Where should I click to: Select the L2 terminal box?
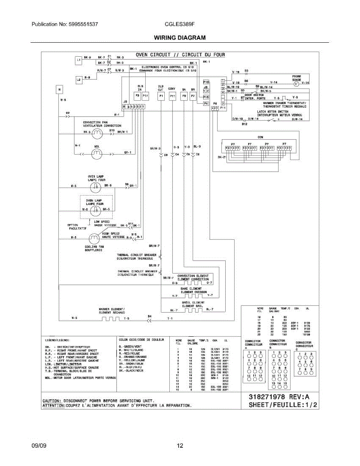[78, 79]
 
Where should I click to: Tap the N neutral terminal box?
[59, 90]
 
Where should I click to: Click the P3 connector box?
[137, 96]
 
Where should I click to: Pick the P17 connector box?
[145, 96]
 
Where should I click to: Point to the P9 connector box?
[184, 96]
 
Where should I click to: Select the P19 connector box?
[206, 82]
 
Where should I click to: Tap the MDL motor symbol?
[96, 154]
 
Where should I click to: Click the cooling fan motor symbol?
[94, 237]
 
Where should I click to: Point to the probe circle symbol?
[296, 83]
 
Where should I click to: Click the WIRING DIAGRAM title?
[179, 38]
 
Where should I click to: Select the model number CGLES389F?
[179, 24]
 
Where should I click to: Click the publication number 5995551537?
[82, 24]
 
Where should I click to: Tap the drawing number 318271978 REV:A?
[282, 397]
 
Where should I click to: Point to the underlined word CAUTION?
[51, 400]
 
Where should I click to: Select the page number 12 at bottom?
[180, 446]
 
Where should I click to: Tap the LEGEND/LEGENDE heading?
[57, 339]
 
